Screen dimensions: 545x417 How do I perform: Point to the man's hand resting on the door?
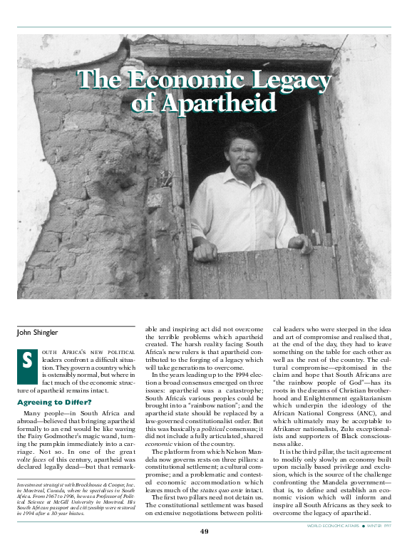[205, 251]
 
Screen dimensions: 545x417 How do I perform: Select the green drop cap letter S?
[26, 360]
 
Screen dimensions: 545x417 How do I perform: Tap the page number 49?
[204, 531]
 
